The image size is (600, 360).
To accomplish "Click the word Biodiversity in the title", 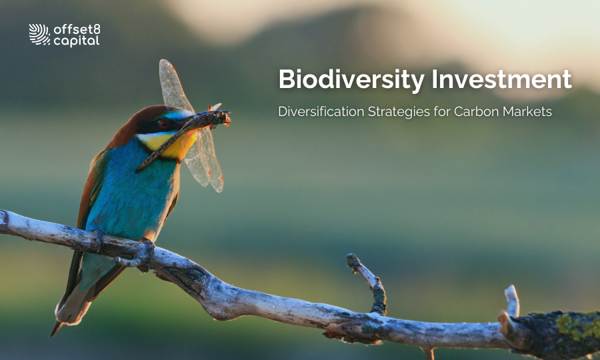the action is click(351, 79).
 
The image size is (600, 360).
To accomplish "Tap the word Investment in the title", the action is click(501, 79).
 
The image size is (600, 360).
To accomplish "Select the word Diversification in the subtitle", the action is click(321, 111).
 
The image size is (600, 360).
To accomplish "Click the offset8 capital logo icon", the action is click(39, 35).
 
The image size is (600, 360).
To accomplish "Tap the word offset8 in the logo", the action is click(77, 29).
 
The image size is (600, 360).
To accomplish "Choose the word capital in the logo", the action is click(77, 41).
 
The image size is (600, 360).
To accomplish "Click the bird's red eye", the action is click(164, 123).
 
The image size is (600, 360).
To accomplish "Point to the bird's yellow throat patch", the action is click(167, 144).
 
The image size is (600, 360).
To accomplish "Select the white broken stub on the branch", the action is click(511, 302).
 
